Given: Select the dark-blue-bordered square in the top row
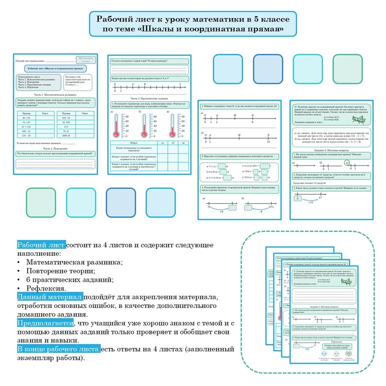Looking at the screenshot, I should click(x=268, y=69).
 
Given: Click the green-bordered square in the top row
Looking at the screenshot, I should click(x=347, y=69).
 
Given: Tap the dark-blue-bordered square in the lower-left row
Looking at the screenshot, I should click(x=121, y=202).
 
